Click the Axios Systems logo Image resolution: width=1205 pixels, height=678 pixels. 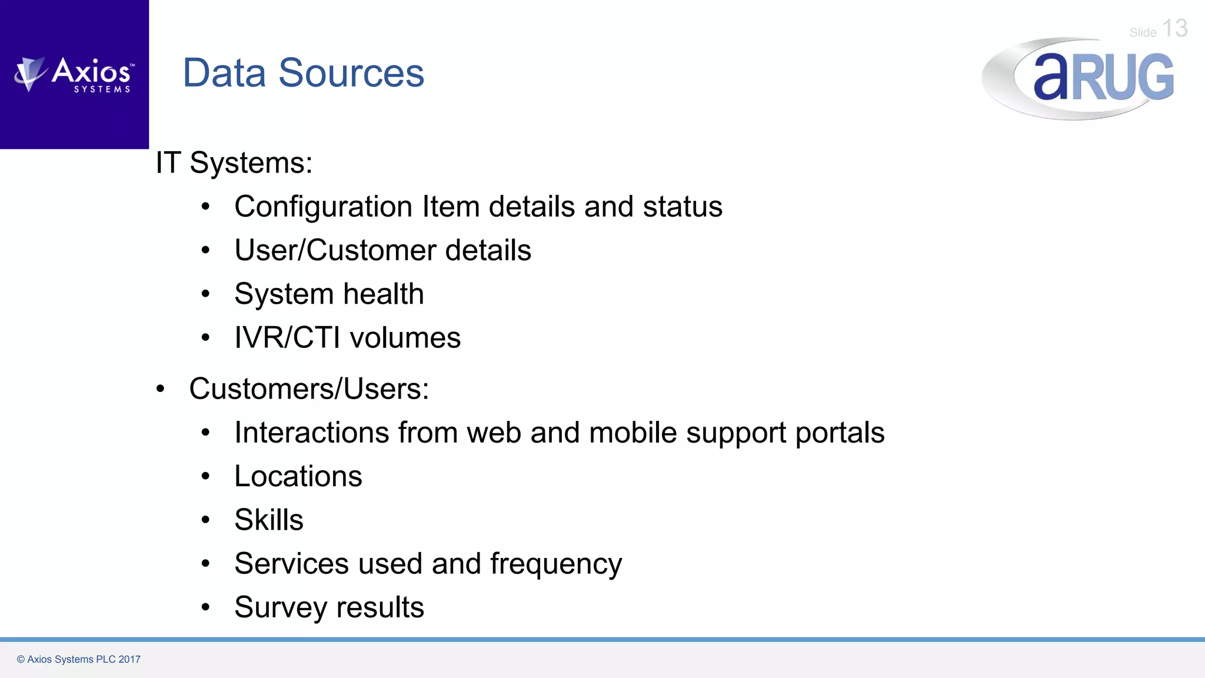click(75, 75)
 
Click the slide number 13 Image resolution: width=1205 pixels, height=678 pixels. click(1174, 28)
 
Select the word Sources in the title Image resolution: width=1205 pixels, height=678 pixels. click(351, 73)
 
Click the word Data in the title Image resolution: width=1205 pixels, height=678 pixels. click(224, 73)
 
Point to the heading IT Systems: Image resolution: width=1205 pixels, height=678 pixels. click(234, 162)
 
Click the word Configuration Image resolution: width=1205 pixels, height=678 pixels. click(323, 207)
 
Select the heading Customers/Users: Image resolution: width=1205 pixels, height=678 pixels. click(309, 389)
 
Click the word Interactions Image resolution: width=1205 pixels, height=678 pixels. click(312, 433)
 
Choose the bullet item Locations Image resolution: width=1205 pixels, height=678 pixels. click(298, 476)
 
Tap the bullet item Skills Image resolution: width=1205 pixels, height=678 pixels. click(268, 520)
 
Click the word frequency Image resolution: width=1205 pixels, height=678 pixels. click(555, 564)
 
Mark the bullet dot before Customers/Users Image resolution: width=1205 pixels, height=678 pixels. click(161, 389)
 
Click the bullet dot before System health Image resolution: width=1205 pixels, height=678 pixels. click(205, 294)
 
